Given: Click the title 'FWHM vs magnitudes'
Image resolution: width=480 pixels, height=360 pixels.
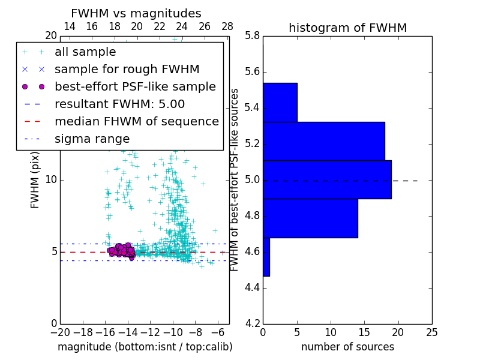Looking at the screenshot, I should coord(136,13).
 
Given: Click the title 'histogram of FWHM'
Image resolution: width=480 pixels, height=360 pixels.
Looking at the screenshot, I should coord(347,28).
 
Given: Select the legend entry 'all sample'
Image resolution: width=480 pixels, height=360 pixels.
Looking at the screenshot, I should coord(85,52).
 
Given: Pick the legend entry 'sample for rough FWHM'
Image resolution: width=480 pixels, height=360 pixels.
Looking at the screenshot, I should coord(127,70).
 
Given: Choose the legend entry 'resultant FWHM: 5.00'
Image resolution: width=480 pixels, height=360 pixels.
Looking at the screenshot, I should coord(119,104).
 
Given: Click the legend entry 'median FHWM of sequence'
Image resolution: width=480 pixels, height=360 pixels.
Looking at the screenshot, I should coord(136,121).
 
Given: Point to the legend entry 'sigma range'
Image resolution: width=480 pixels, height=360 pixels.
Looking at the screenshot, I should coord(92,139).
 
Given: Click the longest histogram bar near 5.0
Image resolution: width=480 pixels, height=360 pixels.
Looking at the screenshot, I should coord(327,179).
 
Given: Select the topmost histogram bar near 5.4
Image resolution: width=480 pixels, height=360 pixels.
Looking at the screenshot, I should coord(280,102).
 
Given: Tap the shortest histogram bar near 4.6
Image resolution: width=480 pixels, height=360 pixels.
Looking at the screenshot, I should coord(266,257).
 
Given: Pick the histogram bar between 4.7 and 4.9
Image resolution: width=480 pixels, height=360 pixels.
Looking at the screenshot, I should coord(310,218).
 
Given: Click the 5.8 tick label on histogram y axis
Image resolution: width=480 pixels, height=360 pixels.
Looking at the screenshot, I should coord(251,36).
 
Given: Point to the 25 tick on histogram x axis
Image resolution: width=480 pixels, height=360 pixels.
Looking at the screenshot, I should coord(431,332).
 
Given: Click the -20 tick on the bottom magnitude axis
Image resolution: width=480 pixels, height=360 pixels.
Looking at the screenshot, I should coord(60,332).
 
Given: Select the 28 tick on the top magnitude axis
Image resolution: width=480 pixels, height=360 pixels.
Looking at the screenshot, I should coord(227,26).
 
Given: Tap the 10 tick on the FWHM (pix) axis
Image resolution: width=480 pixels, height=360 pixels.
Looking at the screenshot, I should coord(51,179).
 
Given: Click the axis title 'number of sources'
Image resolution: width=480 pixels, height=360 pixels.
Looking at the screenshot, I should coord(347,347).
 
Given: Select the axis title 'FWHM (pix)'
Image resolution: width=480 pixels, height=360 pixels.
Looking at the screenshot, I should coord(35,179).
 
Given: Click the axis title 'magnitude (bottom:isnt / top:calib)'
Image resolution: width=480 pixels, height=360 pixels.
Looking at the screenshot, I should coord(145,347).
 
